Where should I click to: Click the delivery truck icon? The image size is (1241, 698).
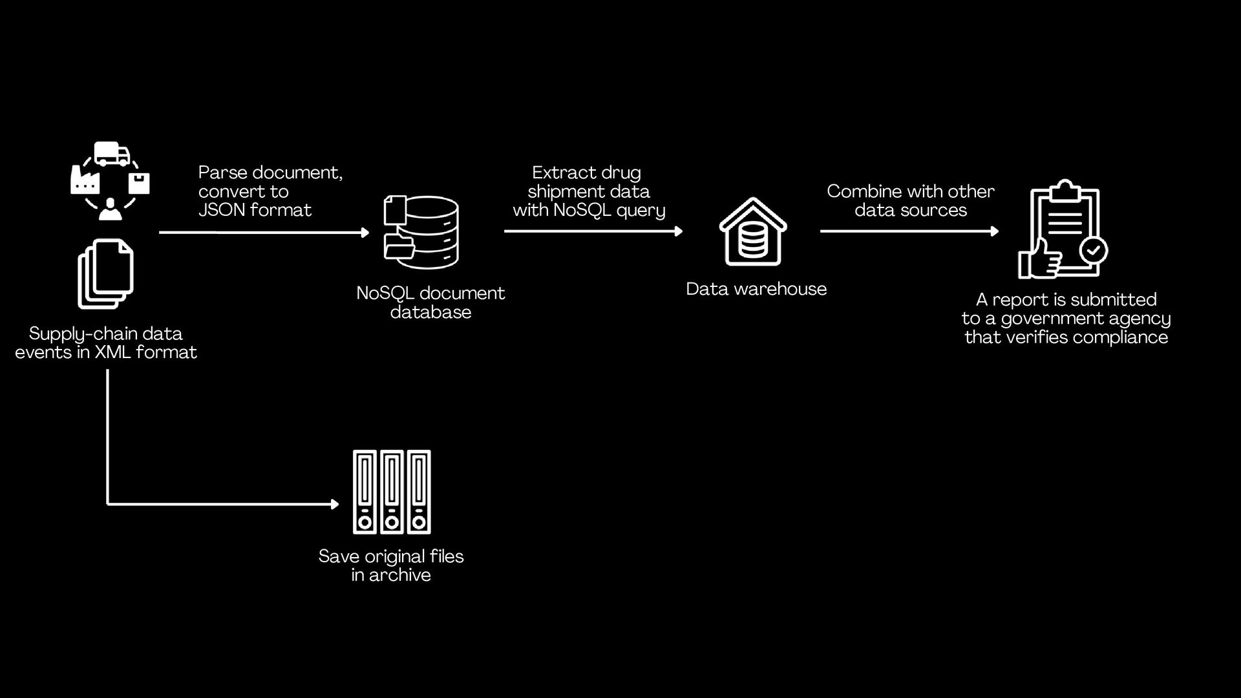point(111,154)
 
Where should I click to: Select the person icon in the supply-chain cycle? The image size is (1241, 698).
point(110,209)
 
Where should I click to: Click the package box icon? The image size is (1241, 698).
point(139,183)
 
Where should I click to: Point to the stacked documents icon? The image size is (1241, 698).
point(105,273)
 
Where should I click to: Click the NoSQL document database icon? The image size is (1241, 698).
point(421,232)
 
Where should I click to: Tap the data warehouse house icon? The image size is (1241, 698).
point(753,232)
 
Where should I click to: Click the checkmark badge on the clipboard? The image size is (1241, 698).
point(1094,249)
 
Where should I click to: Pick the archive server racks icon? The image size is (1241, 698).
point(392,492)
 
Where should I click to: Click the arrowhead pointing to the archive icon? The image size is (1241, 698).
point(334,504)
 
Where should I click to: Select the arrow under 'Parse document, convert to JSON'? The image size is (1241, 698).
point(264,233)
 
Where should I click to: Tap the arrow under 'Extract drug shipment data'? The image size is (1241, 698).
point(593,231)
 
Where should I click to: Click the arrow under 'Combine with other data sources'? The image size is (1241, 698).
point(909,231)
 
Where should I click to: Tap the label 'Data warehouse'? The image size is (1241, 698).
point(756,289)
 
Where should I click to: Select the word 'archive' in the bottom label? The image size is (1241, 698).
point(399,575)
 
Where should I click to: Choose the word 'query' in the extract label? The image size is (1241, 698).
point(640,211)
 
